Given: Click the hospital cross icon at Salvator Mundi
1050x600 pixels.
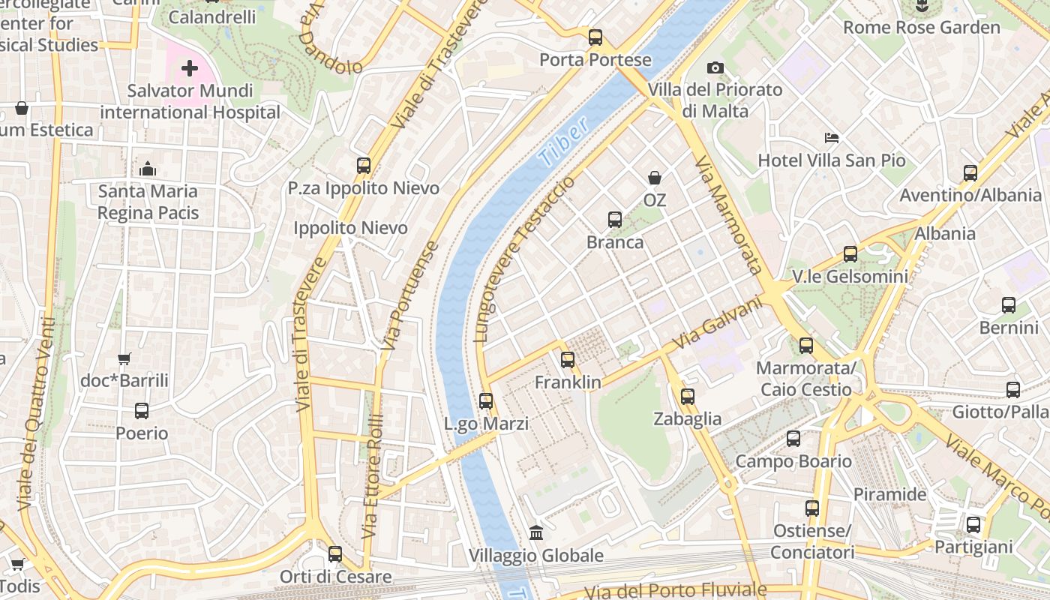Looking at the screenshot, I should pos(190,69).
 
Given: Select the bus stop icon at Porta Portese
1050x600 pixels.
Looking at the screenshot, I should pos(595,37).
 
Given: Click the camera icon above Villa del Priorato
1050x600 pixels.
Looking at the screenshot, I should pos(715,68).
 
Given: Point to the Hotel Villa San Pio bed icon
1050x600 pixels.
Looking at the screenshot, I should pos(832,138).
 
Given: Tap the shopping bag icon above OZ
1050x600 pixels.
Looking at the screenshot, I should pos(655,178).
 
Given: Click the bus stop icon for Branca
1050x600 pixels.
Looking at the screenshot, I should pos(615,220).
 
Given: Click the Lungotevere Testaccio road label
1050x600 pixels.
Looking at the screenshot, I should pos(525,259).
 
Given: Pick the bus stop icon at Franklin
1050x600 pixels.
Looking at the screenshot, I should pos(568,360).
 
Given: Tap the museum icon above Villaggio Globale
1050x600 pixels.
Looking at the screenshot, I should pos(536,532).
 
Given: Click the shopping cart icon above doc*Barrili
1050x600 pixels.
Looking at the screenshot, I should pos(124,358).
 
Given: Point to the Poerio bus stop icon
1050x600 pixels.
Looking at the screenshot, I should pos(142,411).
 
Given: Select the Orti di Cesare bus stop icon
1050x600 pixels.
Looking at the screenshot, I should pos(335,554).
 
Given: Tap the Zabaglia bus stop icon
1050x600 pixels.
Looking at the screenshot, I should pos(688,397).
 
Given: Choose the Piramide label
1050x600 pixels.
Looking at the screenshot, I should pos(890,494).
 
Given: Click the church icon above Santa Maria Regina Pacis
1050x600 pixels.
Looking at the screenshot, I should pos(148,169).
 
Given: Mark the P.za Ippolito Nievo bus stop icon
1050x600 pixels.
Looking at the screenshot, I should pos(364,166).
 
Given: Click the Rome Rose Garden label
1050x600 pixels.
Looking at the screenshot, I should pos(922,28).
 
